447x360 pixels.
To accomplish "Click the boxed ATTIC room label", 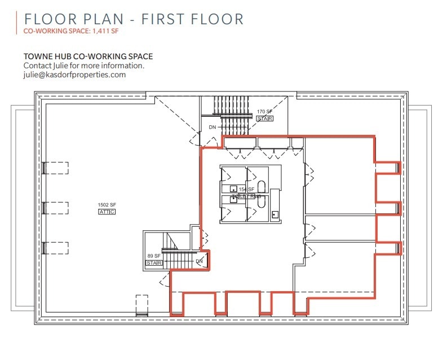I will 107,212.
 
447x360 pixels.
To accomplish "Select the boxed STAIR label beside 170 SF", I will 264,119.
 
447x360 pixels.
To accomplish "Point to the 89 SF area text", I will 154,256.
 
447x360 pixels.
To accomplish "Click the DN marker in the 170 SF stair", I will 212,128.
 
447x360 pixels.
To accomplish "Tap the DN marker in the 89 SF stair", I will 199,261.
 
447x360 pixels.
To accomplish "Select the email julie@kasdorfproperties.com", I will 74,74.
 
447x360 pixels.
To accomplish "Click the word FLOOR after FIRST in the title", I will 215,19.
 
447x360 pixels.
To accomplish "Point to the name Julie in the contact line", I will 64,65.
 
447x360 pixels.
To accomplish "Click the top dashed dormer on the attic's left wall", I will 55,168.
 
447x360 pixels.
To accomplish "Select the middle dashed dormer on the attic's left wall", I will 55,208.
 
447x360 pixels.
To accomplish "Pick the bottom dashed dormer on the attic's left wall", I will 55,248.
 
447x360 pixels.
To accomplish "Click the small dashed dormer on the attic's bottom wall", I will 141,305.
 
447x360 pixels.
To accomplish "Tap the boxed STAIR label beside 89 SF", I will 154,264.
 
